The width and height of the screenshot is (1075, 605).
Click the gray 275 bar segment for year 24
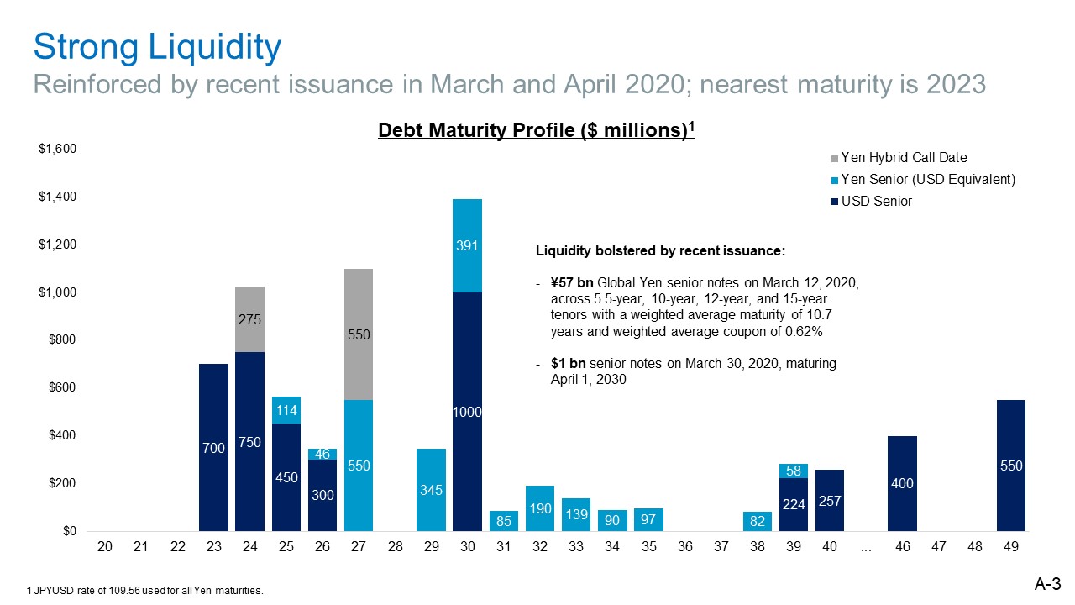click(x=249, y=319)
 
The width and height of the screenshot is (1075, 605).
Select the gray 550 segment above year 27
click(x=359, y=334)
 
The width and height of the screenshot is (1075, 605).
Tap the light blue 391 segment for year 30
click(x=467, y=246)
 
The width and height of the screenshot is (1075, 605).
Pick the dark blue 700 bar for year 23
click(x=213, y=448)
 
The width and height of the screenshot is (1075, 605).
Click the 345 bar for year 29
click(x=431, y=490)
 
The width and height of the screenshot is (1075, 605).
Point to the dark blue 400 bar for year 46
click(x=902, y=483)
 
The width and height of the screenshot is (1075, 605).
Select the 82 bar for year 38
click(x=758, y=522)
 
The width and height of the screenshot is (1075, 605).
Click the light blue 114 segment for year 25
click(x=286, y=410)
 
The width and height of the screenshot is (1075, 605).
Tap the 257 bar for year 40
click(x=829, y=500)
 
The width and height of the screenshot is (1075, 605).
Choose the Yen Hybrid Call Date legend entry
click(x=899, y=157)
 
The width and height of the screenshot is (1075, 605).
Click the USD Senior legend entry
click(x=871, y=201)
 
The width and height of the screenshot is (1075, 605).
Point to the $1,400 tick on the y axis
click(x=58, y=197)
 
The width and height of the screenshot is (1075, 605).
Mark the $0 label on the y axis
click(x=70, y=531)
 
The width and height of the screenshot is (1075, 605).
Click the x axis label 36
click(x=684, y=546)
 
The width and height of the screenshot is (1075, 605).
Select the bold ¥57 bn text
click(x=572, y=283)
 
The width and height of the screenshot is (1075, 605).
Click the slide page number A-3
click(x=1047, y=584)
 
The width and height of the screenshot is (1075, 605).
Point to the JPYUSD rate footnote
click(x=145, y=591)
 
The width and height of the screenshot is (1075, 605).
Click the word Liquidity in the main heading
click(x=214, y=48)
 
